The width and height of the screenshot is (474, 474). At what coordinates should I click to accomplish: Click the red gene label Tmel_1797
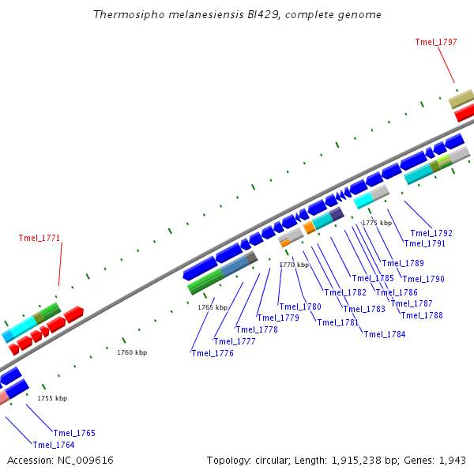(x=436, y=42)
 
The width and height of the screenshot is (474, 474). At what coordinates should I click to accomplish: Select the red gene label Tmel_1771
(x=39, y=238)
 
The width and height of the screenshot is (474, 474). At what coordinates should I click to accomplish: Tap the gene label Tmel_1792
(x=431, y=233)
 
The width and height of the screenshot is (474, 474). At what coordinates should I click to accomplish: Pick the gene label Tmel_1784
(x=385, y=334)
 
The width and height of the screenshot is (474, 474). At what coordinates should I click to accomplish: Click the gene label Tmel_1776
(x=213, y=353)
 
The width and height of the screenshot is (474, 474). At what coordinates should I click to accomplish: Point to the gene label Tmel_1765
(x=74, y=433)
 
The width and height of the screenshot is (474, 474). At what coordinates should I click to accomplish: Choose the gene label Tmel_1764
(x=54, y=445)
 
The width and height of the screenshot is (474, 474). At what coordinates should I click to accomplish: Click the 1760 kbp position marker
(x=132, y=352)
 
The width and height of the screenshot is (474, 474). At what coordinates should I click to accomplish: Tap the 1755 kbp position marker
(x=52, y=398)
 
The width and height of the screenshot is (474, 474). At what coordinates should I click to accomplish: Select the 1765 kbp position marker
(x=213, y=307)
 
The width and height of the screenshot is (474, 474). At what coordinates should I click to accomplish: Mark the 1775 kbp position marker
(x=377, y=223)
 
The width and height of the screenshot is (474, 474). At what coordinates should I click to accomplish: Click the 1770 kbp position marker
(x=294, y=265)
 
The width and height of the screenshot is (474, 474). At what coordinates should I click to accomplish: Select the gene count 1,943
(x=453, y=460)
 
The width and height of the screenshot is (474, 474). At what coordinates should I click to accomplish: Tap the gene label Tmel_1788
(x=422, y=315)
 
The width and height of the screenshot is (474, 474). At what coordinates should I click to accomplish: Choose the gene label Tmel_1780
(x=300, y=307)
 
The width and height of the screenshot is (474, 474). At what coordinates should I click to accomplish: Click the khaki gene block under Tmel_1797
(x=461, y=99)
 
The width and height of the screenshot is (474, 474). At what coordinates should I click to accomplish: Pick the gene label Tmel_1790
(x=424, y=279)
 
